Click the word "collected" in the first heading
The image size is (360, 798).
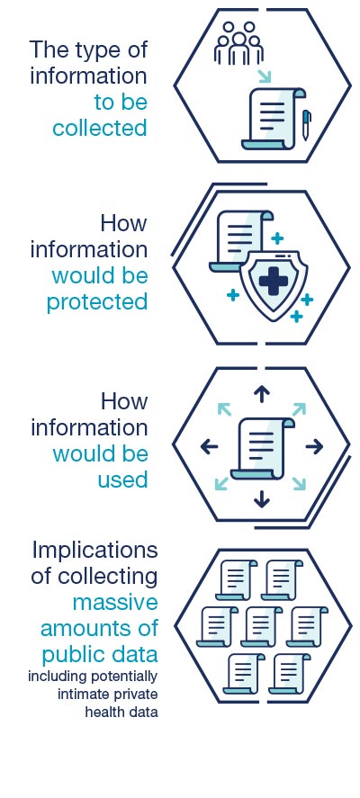[100, 129]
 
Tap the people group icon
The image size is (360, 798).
[238, 43]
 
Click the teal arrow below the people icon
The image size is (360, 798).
[264, 76]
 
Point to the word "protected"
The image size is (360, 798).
[97, 302]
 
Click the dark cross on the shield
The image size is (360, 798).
[273, 282]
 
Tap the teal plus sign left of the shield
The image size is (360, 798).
[233, 295]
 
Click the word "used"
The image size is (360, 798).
[122, 480]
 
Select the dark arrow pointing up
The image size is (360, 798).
[262, 394]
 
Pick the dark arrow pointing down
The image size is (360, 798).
[262, 499]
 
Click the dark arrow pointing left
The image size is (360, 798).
[210, 447]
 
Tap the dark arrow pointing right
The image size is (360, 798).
[314, 447]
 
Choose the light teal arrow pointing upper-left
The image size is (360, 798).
[224, 409]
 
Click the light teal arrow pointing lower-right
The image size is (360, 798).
[299, 484]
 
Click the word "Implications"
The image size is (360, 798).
[94, 551]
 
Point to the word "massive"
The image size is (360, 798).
[115, 603]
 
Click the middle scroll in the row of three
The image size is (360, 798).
[261, 627]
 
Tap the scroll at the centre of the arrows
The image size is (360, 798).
[262, 448]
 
